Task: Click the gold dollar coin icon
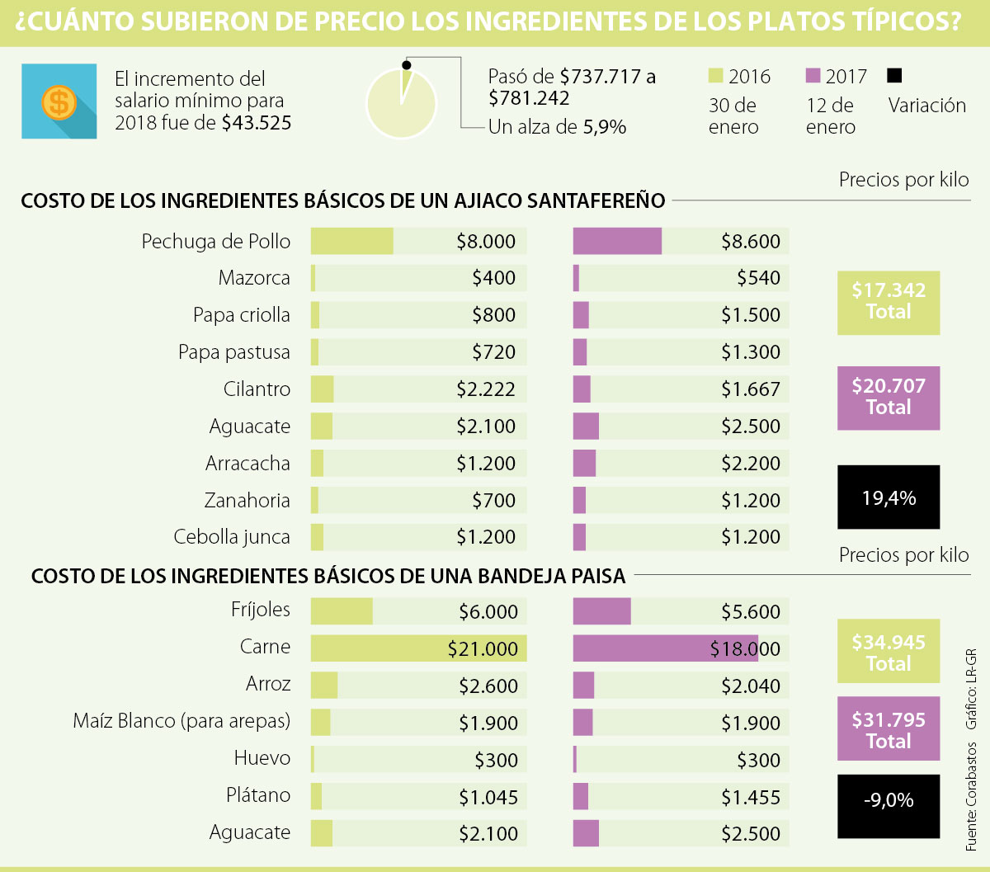[59, 102]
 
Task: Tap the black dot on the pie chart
[405, 64]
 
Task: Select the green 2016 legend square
[716, 76]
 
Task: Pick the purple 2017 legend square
[813, 76]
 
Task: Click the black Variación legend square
[894, 76]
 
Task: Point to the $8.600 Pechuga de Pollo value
[750, 241]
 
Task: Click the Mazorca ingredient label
[254, 278]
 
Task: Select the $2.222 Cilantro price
[486, 389]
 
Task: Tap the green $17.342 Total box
[888, 302]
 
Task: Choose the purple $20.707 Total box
[888, 398]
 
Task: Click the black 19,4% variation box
[888, 497]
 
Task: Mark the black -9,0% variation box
[888, 800]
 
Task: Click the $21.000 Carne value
[483, 649]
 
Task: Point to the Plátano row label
[258, 795]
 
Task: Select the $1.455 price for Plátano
[750, 797]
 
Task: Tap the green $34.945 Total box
[888, 652]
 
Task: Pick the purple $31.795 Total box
[888, 729]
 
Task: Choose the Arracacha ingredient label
[247, 464]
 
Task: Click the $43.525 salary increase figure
[256, 123]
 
